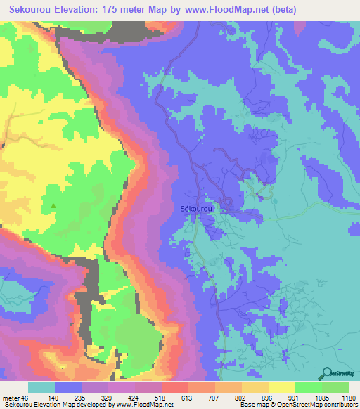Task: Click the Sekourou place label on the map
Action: (197, 209)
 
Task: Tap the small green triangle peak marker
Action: (53, 205)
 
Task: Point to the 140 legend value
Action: (67, 397)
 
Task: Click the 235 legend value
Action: (94, 397)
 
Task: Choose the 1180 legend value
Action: (348, 397)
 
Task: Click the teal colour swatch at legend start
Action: (41, 387)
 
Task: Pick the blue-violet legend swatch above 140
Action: (68, 387)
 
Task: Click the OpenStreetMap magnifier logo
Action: (327, 373)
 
